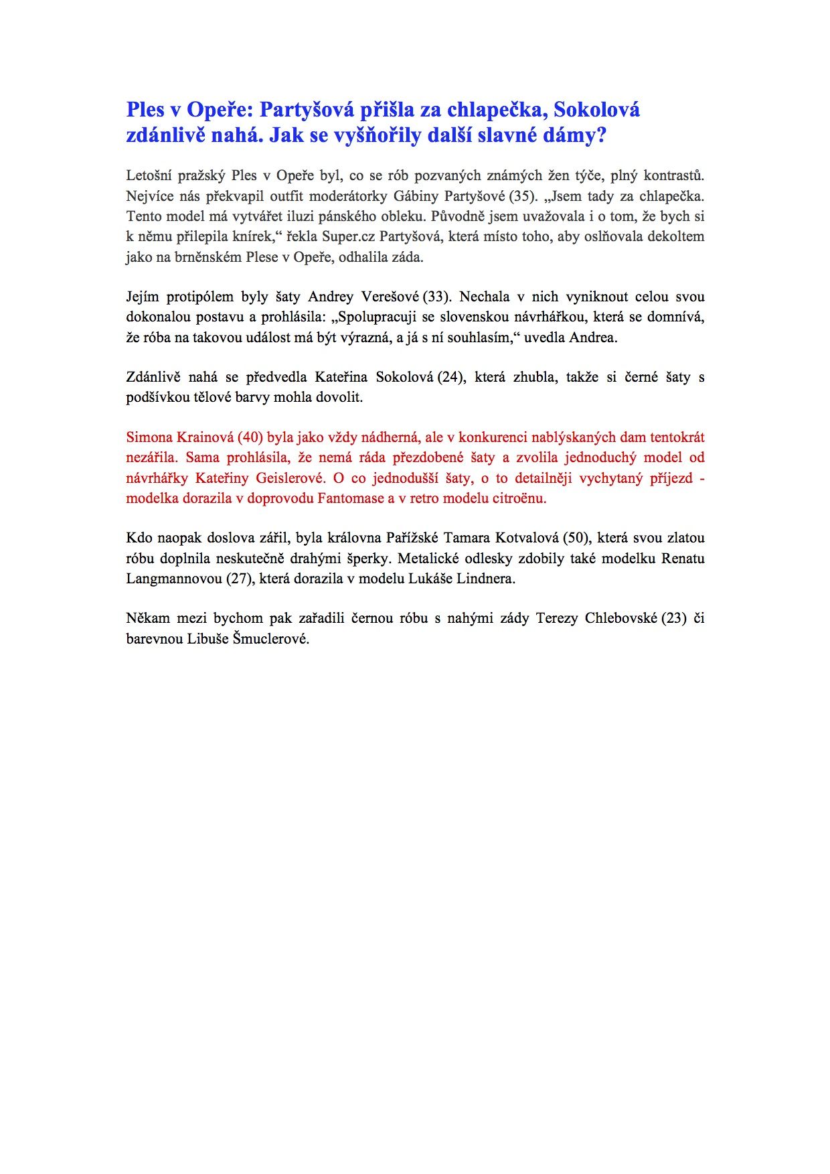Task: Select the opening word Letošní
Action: click(x=148, y=176)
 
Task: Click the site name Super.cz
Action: click(x=348, y=236)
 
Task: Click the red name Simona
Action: click(x=149, y=437)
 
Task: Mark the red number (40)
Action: click(x=250, y=437)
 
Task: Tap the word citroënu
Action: click(x=520, y=498)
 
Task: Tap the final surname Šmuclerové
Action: click(x=270, y=639)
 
